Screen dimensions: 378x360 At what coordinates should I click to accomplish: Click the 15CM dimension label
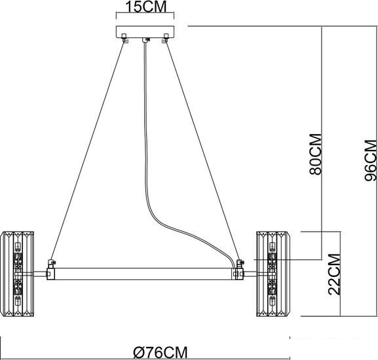[145, 7]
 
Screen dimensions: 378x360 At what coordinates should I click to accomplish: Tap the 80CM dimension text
[316, 154]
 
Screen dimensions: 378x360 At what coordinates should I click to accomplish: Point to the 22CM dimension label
[334, 274]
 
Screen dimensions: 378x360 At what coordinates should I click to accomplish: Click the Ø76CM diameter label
[161, 353]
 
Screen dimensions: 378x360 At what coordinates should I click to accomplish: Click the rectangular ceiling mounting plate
[145, 32]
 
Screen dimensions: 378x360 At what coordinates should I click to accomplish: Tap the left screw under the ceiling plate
[124, 38]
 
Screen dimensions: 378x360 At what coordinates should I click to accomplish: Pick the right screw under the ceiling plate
[165, 38]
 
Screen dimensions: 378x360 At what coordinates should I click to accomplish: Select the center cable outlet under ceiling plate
[145, 40]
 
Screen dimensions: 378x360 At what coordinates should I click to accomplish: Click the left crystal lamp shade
[18, 274]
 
